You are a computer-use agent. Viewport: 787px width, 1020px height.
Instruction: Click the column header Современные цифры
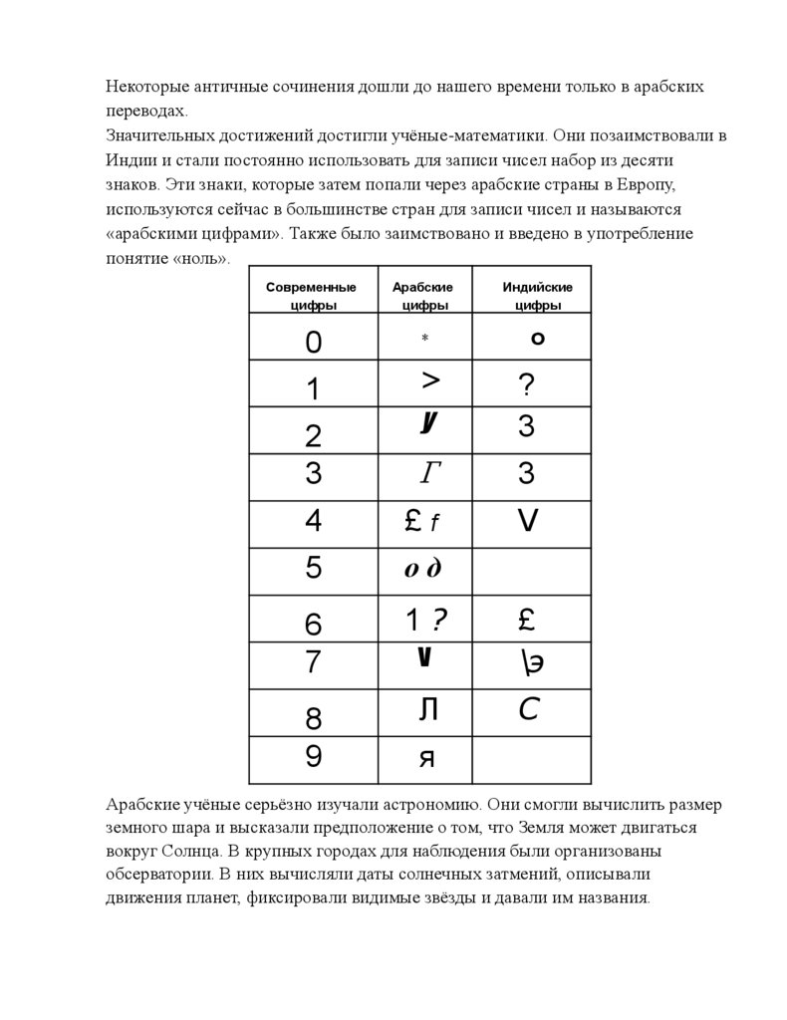point(312,296)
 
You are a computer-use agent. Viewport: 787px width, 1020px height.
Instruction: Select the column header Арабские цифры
point(423,296)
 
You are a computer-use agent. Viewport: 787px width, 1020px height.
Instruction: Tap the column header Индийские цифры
point(537,296)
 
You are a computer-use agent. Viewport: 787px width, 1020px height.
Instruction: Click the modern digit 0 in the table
point(314,343)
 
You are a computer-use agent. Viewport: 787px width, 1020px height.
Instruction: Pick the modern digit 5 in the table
point(314,569)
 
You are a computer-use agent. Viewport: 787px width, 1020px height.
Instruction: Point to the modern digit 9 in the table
point(314,757)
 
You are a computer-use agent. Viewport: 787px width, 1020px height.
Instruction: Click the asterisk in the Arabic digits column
point(424,339)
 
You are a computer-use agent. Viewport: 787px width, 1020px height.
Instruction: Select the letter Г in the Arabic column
point(429,474)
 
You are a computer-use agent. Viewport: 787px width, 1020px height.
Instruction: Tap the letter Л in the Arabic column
point(428,710)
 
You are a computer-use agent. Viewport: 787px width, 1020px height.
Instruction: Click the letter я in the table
point(426,759)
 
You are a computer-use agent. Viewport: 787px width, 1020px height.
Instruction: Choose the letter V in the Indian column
point(528,520)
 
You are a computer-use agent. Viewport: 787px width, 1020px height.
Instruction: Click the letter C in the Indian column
point(529,710)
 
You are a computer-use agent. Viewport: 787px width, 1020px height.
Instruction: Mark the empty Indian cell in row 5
point(532,570)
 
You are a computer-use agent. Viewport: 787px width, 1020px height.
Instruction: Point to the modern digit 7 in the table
point(314,661)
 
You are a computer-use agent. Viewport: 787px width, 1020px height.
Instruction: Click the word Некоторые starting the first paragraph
point(147,87)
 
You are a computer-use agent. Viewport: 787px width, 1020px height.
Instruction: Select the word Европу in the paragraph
point(649,184)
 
